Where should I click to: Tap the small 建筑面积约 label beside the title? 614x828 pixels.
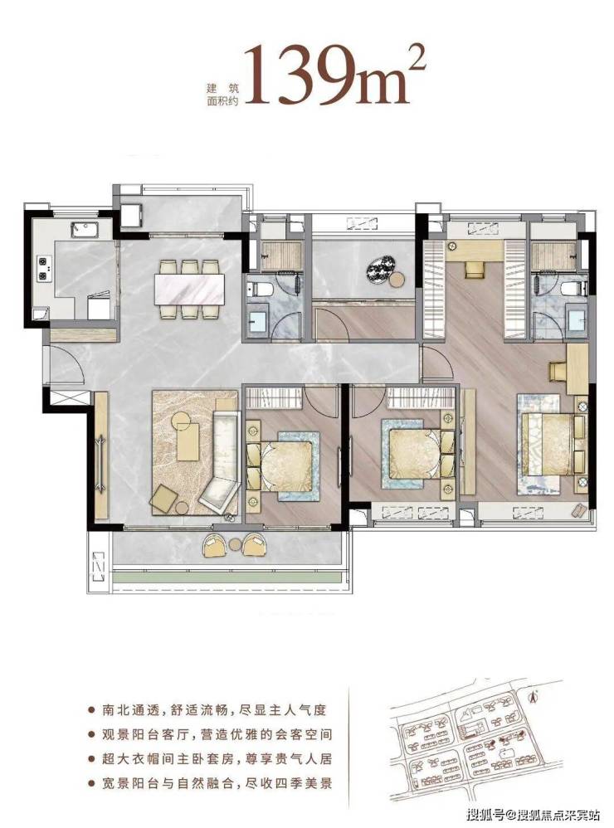(x=222, y=95)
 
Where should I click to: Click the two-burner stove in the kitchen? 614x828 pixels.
(x=43, y=268)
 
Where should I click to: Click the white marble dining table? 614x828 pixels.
(x=189, y=290)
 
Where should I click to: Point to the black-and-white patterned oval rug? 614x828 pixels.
(x=381, y=270)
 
